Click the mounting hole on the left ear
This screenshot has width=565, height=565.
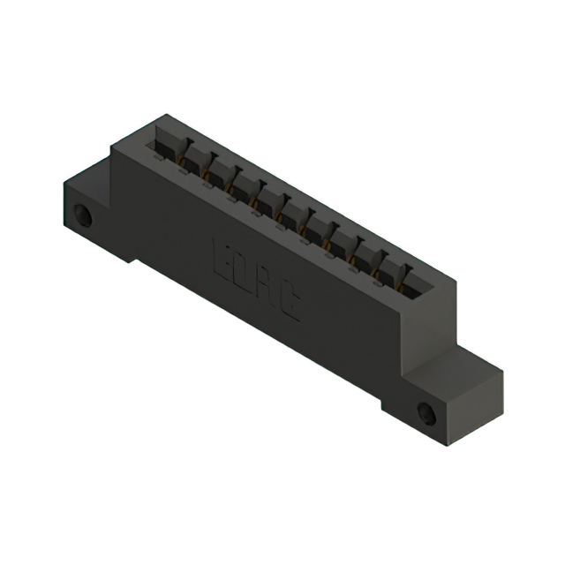click(x=85, y=215)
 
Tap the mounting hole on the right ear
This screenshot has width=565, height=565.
click(x=427, y=411)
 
